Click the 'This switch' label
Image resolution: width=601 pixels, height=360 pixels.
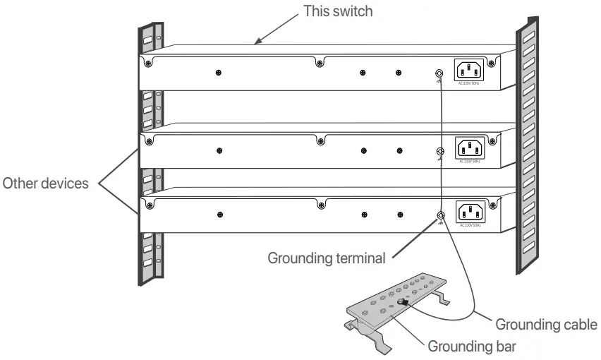click(x=337, y=11)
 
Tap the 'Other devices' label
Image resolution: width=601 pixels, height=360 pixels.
click(x=46, y=184)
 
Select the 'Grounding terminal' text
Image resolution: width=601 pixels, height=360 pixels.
click(x=326, y=258)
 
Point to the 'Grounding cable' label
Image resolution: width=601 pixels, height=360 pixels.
click(x=546, y=325)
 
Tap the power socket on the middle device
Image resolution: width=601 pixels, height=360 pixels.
click(x=471, y=148)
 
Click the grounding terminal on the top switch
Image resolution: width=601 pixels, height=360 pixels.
click(x=440, y=73)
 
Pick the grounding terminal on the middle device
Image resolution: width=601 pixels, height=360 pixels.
click(x=440, y=151)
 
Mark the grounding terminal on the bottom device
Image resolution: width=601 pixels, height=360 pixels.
click(x=440, y=215)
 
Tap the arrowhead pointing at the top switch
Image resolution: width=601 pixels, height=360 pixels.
click(x=259, y=43)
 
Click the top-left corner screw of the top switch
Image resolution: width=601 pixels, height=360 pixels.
click(x=149, y=64)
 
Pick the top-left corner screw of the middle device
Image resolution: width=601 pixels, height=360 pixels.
click(x=149, y=141)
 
